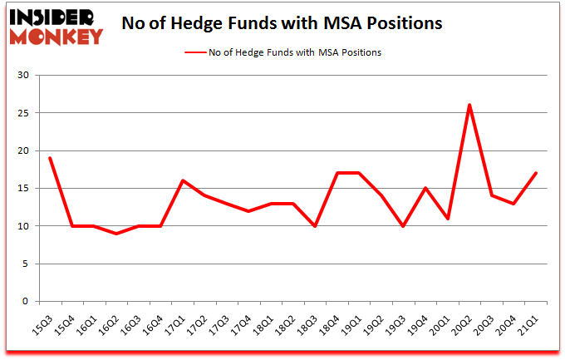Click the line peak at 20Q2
[470, 105]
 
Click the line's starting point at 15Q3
[50, 158]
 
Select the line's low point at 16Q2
[116, 233]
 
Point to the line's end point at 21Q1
[537, 173]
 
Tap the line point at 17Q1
[182, 180]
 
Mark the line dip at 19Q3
[404, 225]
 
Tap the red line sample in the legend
[201, 52]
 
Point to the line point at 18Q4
[337, 173]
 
